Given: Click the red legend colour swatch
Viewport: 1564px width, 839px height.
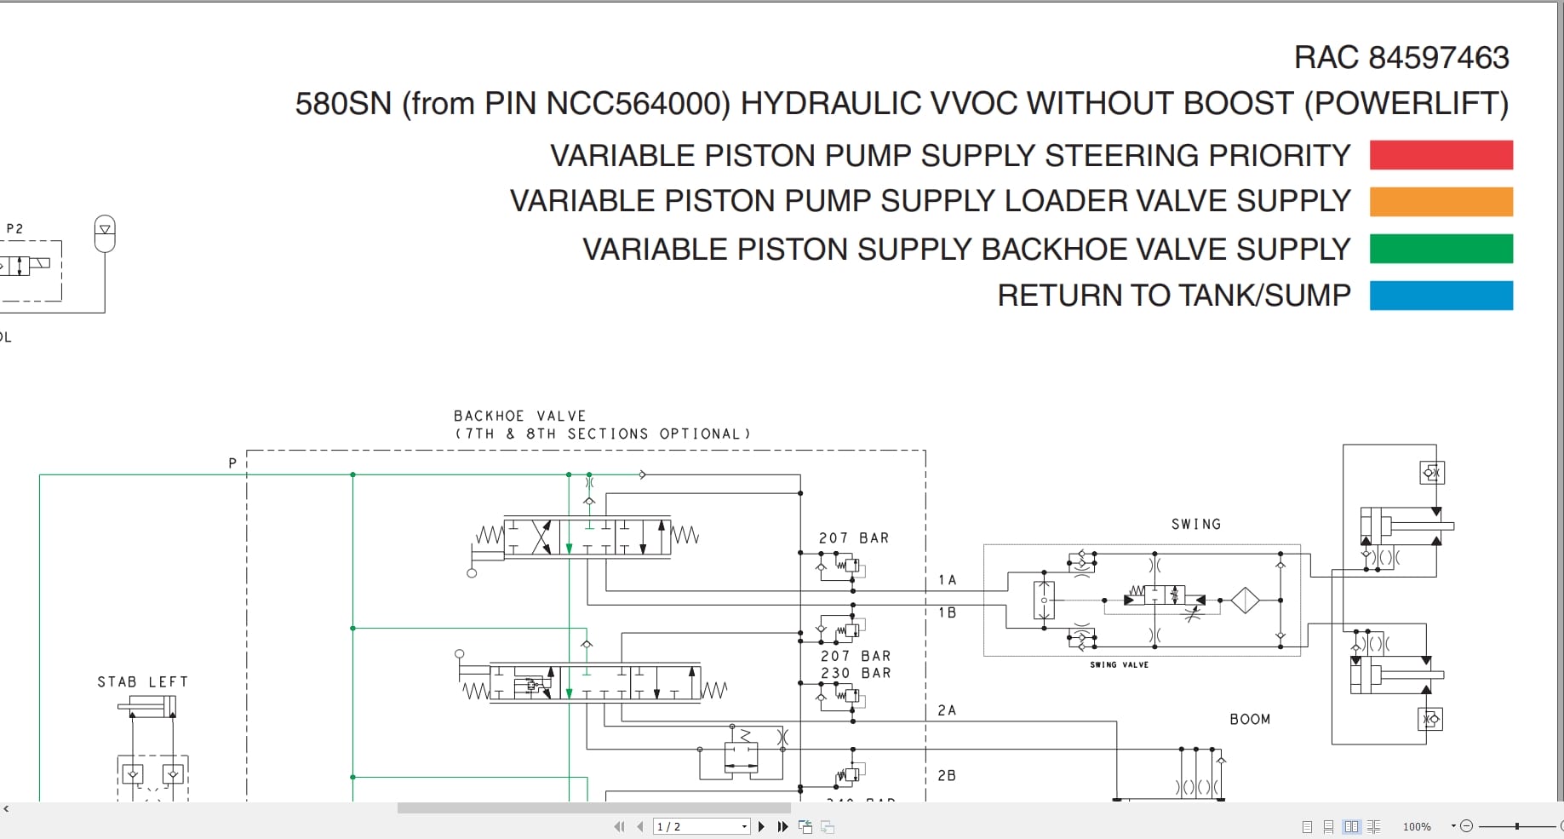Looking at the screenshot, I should [x=1441, y=155].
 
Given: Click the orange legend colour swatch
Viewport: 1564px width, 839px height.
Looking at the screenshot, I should [x=1441, y=202].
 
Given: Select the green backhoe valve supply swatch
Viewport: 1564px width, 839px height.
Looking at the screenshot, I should [x=1441, y=249].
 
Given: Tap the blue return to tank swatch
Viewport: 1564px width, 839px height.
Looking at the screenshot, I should [x=1441, y=296].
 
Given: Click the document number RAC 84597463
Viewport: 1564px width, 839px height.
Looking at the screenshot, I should [x=1401, y=58].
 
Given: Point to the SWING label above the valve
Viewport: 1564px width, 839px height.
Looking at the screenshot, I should [x=1195, y=525].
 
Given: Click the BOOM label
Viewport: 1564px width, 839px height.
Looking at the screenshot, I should [x=1249, y=720].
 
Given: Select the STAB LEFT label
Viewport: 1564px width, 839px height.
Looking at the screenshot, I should [x=142, y=682].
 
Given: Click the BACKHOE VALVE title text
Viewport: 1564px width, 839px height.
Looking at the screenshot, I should [x=519, y=416].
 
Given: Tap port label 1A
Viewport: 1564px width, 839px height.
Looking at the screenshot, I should [x=947, y=580].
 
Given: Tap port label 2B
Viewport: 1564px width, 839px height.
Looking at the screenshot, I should [x=946, y=776].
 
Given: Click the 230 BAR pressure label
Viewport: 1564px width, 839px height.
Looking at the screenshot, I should [x=855, y=673].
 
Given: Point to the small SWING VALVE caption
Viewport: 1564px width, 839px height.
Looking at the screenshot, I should [x=1119, y=664].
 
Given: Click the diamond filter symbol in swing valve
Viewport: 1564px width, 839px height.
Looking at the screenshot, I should [x=1244, y=601].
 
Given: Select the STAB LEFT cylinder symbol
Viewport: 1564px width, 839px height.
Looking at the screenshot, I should [x=148, y=706].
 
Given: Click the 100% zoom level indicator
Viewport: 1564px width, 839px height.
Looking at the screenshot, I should [x=1417, y=826].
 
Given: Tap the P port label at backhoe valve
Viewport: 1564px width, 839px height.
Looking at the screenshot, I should [x=232, y=463].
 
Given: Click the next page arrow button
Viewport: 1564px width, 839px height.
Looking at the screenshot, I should [x=761, y=826].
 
